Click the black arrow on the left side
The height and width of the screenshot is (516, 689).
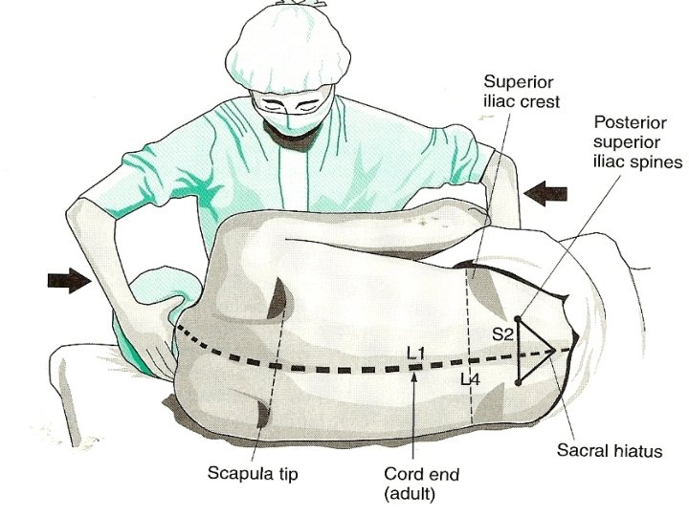click(x=68, y=279)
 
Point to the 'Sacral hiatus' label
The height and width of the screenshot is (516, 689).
click(x=611, y=448)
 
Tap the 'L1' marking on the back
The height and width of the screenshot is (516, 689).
click(x=415, y=355)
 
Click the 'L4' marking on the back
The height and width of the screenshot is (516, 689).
click(x=469, y=379)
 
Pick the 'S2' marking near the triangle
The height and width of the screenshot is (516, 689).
click(x=503, y=334)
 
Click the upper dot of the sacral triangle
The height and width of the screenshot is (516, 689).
click(x=517, y=317)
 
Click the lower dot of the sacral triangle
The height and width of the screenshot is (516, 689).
click(x=517, y=382)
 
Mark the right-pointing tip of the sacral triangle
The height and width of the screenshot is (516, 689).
click(x=555, y=351)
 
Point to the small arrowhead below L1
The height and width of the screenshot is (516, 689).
click(x=413, y=375)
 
